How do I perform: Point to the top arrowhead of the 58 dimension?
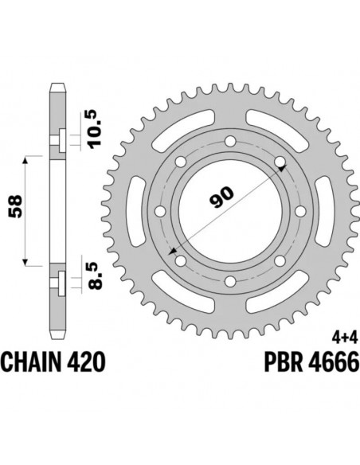(28, 160)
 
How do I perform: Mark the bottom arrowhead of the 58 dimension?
(28, 262)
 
